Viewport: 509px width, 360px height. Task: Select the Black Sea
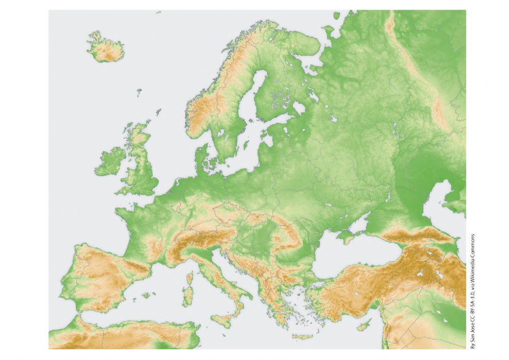coord(346,257)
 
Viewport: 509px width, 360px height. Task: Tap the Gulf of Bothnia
coord(254,92)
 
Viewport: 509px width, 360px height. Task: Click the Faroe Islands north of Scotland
coord(139,92)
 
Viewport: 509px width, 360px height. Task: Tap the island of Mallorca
coord(148,295)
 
